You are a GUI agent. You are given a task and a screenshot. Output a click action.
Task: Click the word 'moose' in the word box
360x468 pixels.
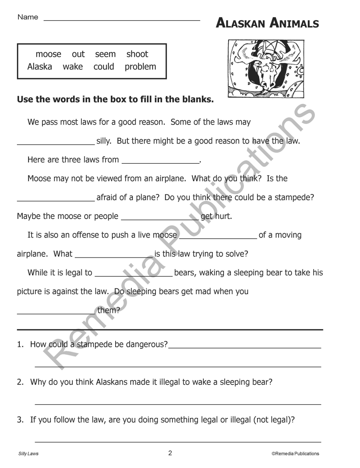48,54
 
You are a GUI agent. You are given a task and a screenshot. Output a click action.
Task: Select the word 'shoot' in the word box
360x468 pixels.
137,54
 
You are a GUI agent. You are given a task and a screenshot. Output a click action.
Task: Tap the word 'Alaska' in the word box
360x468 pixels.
40,67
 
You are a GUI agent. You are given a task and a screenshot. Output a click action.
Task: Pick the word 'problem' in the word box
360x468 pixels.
140,67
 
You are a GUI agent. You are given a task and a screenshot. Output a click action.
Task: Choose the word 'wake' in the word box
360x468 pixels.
73,67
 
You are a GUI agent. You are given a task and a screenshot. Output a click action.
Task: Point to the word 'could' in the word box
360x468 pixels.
104,67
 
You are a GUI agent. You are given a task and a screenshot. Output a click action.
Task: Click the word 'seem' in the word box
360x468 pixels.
105,54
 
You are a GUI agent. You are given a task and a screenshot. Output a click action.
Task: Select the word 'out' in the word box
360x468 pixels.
78,54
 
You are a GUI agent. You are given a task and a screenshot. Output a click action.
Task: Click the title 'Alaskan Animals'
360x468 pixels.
267,23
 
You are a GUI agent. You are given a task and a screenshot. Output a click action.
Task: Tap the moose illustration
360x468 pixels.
266,68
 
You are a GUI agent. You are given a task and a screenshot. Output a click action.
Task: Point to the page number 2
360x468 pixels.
170,453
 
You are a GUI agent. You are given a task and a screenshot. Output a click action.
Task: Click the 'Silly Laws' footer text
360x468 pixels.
28,454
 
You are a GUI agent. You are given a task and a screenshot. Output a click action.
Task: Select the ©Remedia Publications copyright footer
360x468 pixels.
295,454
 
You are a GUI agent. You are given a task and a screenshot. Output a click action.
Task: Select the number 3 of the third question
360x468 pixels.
20,420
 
